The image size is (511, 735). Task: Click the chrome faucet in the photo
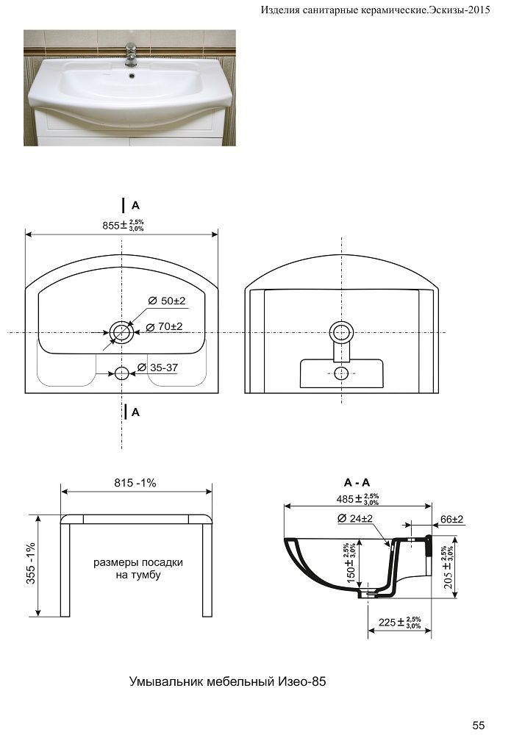pyautogui.click(x=131, y=54)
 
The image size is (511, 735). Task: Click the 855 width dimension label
pyautogui.click(x=124, y=225)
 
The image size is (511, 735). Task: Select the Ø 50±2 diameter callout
pyautogui.click(x=167, y=301)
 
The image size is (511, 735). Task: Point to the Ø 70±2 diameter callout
pyautogui.click(x=164, y=326)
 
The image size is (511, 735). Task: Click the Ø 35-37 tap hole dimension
pyautogui.click(x=158, y=367)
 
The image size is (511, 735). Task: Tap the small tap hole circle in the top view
pyautogui.click(x=121, y=373)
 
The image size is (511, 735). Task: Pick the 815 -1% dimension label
pyautogui.click(x=135, y=483)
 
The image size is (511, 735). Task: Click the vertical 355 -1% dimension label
pyautogui.click(x=30, y=564)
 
